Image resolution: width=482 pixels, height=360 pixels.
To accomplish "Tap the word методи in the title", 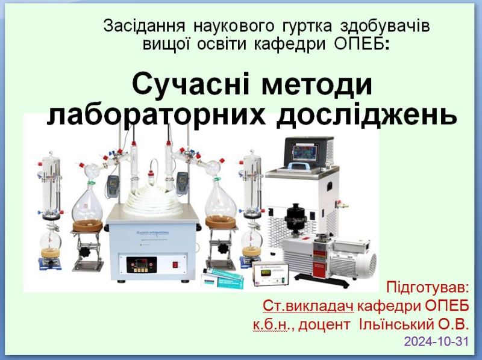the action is click(317, 85).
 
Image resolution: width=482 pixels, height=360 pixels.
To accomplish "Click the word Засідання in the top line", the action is click(144, 26).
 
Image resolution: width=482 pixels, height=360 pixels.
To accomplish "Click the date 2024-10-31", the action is click(436, 341).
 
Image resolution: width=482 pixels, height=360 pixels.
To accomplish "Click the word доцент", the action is click(324, 325).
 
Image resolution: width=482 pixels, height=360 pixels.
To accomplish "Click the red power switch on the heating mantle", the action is click(175, 264).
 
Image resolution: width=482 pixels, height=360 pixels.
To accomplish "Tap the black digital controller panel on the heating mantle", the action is click(142, 265).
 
